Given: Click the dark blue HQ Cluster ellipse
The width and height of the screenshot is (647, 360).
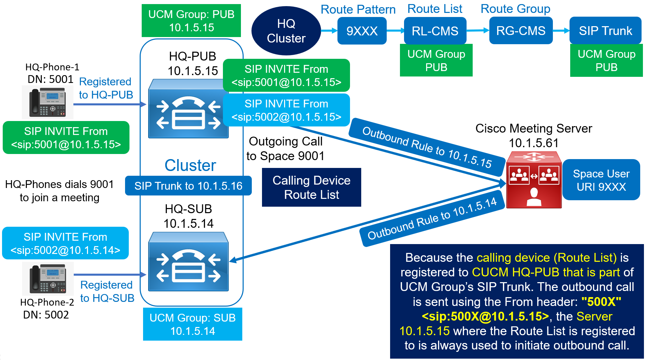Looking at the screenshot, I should [x=286, y=31].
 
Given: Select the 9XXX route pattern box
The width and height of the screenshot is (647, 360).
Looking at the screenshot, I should [x=362, y=31].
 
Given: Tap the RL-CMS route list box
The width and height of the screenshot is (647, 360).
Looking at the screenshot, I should [x=435, y=31].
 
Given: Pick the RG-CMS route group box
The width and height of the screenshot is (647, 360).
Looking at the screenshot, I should [x=521, y=31].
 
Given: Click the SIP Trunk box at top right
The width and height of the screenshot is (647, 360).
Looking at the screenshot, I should [x=605, y=31].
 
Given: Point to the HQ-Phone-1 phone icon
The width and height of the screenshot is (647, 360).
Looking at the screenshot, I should [x=48, y=102].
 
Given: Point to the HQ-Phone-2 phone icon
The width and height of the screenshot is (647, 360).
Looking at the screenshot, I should [x=48, y=279].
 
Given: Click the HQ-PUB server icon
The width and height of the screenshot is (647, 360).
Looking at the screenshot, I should [x=188, y=109].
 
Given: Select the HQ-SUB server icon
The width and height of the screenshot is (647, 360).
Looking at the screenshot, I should [x=188, y=262].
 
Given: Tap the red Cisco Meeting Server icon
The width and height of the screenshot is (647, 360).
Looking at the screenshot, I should [x=534, y=181].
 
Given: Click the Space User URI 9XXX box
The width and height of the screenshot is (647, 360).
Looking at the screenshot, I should [x=601, y=180].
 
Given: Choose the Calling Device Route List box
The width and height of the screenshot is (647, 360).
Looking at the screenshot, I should [x=311, y=187].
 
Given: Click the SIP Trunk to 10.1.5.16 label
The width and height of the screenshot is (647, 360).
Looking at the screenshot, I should [x=188, y=186].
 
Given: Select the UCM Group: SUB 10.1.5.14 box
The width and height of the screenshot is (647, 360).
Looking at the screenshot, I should [x=192, y=324].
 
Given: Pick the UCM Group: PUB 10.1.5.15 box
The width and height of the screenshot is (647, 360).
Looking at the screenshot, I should [x=191, y=21].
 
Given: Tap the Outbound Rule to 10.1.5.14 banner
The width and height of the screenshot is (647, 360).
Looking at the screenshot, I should [x=432, y=219].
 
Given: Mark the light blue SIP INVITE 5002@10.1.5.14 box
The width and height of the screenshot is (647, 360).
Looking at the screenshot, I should [x=65, y=243].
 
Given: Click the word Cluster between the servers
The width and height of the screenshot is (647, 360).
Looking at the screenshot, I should [x=190, y=166].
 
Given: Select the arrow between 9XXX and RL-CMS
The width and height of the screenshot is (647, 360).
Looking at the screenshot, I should [x=395, y=31].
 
